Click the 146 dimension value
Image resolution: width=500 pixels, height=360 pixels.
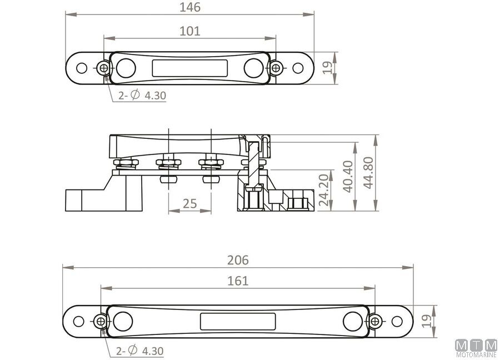tap(190, 7)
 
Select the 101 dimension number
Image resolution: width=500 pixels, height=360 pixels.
tap(190, 31)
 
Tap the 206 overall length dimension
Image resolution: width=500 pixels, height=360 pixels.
tap(238, 260)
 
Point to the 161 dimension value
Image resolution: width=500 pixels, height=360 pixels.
tap(238, 281)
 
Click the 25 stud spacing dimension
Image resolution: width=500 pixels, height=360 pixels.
tap(190, 203)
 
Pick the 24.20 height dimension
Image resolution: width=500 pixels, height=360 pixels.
tap(324, 190)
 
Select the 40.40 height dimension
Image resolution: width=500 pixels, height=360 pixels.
tap(348, 176)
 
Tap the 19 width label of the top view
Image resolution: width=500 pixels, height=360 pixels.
tap(327, 68)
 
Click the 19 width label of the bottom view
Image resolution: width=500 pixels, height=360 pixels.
tap(426, 321)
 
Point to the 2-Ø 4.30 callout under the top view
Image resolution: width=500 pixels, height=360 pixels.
tap(142, 95)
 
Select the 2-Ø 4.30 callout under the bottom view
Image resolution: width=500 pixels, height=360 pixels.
tap(139, 351)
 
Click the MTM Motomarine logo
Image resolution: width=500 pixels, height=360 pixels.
tap(477, 348)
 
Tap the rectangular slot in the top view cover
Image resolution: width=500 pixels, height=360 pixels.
tap(190, 68)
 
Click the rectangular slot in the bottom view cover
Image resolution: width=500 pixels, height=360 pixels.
tap(238, 322)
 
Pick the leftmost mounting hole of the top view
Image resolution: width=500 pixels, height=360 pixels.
tap(82, 68)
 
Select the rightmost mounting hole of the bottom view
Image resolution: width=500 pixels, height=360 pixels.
tap(397, 322)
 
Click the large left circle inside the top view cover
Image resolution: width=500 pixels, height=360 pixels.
tap(126, 68)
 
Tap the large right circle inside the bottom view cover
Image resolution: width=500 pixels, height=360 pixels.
tap(353, 322)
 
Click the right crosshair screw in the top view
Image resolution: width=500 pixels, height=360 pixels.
tap(276, 68)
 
